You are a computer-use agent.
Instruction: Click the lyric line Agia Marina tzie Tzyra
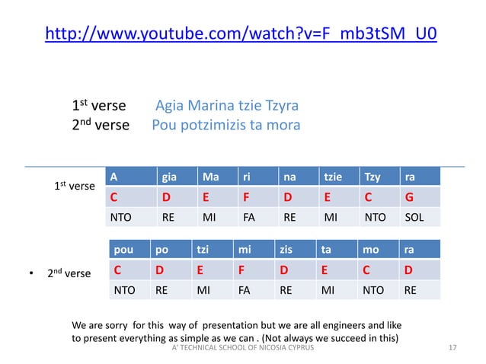tap(226, 105)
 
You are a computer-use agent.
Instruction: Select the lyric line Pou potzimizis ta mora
tap(226, 125)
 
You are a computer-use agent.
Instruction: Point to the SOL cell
tap(415, 217)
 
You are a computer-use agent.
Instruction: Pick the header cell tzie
tap(332, 177)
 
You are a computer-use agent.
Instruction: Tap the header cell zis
tap(290, 249)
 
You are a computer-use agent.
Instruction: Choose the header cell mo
tap(372, 249)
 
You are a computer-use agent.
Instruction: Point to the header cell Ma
tap(207, 177)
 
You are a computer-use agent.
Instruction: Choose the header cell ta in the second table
tap(328, 249)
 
